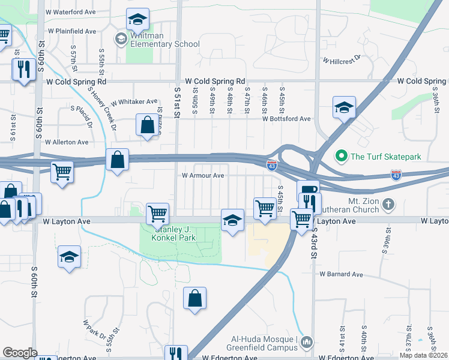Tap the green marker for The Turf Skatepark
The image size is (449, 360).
(342, 157)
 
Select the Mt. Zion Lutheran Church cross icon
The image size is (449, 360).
(388, 204)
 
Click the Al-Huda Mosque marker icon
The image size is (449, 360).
(307, 342)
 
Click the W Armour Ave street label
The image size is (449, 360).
(203, 176)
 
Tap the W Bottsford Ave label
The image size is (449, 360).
(286, 119)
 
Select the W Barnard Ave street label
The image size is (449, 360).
(341, 274)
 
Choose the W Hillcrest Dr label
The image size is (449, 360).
(341, 60)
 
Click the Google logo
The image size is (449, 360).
(20, 353)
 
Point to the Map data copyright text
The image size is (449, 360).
(423, 355)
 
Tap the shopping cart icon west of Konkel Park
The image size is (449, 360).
(157, 212)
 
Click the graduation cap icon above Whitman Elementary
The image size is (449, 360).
(137, 20)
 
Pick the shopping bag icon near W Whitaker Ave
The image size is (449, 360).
(147, 125)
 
